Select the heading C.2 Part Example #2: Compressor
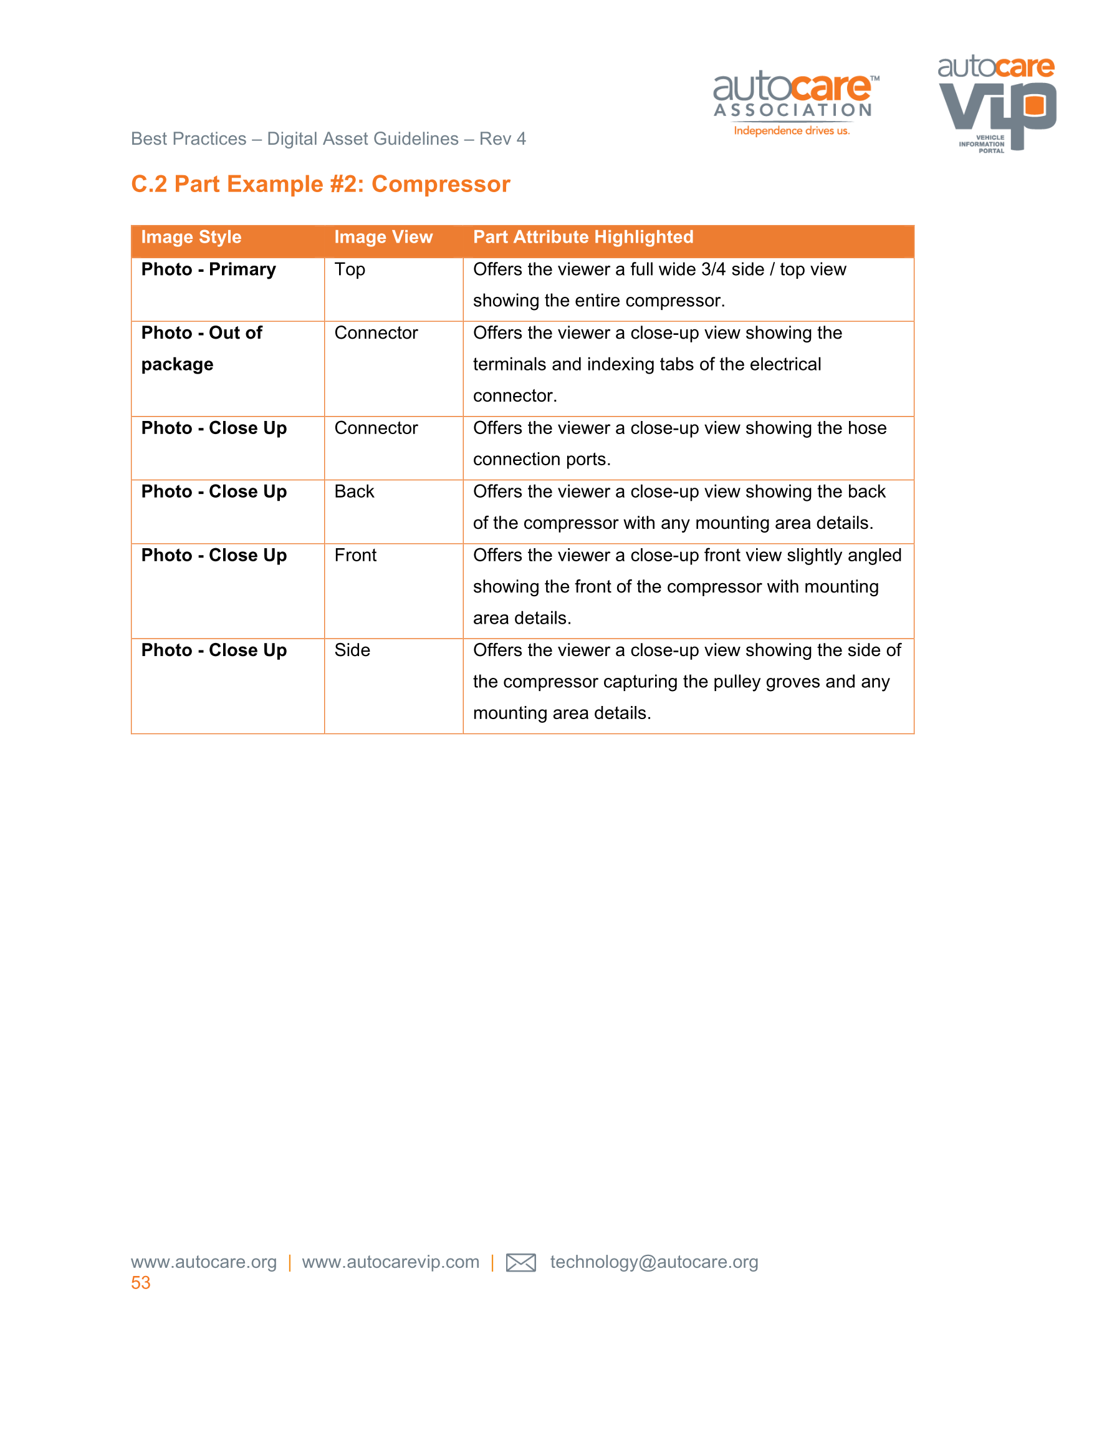(320, 184)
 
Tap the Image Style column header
(191, 238)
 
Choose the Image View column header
(383, 238)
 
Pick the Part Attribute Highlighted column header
(583, 238)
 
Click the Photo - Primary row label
(208, 269)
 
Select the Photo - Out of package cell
(202, 349)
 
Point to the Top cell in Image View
(349, 269)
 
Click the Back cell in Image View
(354, 492)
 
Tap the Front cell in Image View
(355, 555)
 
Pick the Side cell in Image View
(352, 650)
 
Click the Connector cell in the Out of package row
(376, 333)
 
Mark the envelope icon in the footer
(520, 1262)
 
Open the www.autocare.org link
(204, 1262)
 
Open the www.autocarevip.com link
(390, 1262)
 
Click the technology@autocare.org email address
(654, 1262)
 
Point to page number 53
(140, 1282)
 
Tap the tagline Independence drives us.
(792, 131)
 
